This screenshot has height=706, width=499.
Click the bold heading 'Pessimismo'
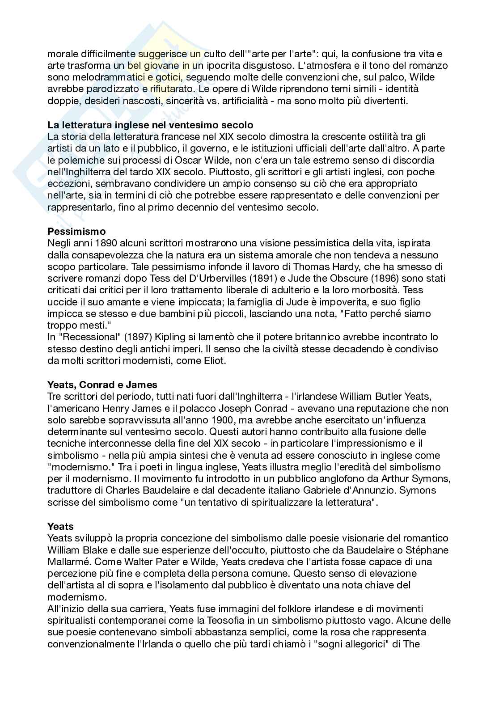[x=76, y=231]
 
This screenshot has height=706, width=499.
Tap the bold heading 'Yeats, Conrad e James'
[x=102, y=385]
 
